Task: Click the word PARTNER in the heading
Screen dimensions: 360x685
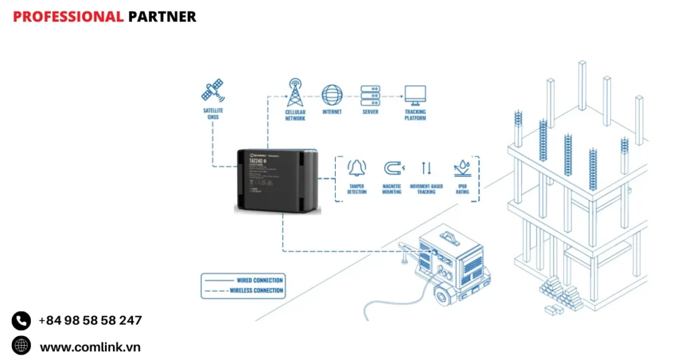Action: pyautogui.click(x=162, y=17)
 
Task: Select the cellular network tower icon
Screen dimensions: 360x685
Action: pyautogui.click(x=295, y=92)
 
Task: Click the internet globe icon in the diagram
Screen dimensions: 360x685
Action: pyautogui.click(x=332, y=94)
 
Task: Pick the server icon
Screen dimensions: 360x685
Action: pyautogui.click(x=370, y=94)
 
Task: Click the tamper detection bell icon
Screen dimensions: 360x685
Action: pyautogui.click(x=357, y=167)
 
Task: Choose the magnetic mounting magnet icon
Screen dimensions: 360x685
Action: pyautogui.click(x=392, y=168)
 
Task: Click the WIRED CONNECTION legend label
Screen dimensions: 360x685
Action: pyautogui.click(x=260, y=280)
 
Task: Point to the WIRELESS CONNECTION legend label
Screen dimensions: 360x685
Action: pyautogui.click(x=256, y=291)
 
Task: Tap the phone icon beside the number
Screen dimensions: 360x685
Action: pyautogui.click(x=21, y=321)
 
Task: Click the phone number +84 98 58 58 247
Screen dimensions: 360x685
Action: pyautogui.click(x=90, y=321)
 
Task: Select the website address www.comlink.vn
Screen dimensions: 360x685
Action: pyautogui.click(x=90, y=347)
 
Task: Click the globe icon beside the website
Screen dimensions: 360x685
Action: pyautogui.click(x=21, y=346)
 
